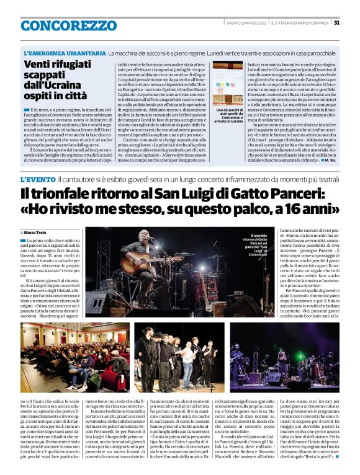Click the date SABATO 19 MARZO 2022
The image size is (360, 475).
tap(246, 23)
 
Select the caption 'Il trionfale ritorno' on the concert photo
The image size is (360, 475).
tap(258, 245)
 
